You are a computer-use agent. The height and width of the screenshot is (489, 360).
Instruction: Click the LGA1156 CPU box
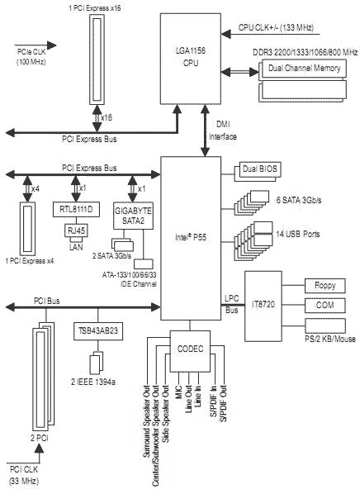pos(191,59)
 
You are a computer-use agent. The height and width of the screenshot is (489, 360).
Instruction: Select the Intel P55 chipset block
pos(191,238)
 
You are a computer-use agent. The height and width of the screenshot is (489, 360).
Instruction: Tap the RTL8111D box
pos(76,209)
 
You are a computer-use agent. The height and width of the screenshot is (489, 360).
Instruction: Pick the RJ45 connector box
pos(76,230)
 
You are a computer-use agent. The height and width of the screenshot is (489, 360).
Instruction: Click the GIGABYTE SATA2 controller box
pos(133,216)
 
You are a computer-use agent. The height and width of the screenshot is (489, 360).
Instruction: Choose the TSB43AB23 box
pos(98,331)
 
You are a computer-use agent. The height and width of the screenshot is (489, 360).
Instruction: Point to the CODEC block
pos(190,351)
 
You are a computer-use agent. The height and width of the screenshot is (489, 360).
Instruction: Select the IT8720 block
pos(263,306)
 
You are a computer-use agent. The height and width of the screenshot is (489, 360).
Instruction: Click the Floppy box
pos(325,286)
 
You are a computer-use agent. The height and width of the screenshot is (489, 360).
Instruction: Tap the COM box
pos(325,306)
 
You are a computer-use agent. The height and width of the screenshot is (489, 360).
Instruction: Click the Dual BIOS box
pos(260,169)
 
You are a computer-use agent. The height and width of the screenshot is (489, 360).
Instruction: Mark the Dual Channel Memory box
pos(304,69)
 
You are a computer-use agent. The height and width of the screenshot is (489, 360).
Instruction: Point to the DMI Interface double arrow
pos(205,131)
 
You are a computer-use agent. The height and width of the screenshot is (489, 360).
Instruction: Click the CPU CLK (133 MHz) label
pos(276,27)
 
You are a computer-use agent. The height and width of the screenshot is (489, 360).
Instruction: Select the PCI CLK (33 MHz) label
pos(24,475)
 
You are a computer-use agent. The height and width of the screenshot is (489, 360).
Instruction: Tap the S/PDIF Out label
pos(224,403)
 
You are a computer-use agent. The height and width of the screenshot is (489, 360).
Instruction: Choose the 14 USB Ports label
pos(298,234)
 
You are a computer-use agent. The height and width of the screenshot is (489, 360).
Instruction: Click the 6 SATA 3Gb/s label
pos(299,200)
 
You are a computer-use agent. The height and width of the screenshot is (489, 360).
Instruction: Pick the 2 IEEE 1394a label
pos(93,382)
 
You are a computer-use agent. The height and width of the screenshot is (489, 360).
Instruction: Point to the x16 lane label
pos(107,118)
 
